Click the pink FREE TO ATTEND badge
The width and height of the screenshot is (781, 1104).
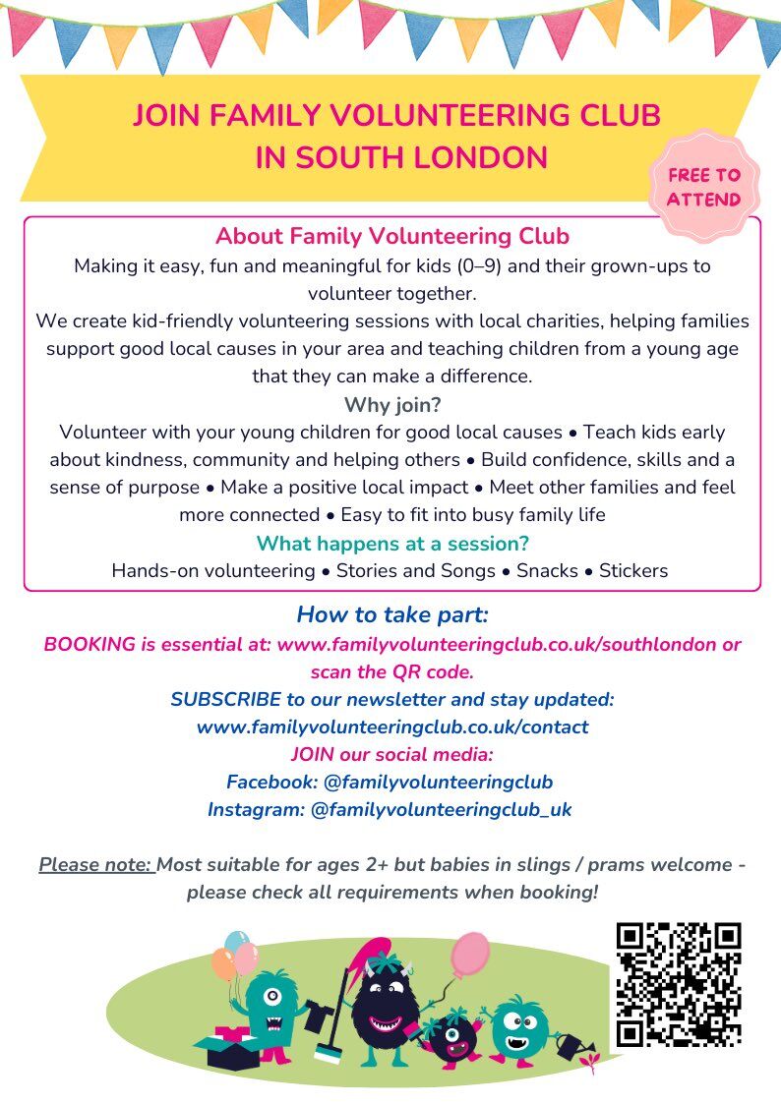(704, 188)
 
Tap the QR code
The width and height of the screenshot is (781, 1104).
(678, 984)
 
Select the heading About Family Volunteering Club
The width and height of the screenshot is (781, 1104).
(392, 237)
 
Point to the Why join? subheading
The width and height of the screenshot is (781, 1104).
(392, 405)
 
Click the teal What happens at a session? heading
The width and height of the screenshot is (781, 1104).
(392, 544)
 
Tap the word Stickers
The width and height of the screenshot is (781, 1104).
(633, 571)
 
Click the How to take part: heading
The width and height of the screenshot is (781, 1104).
(392, 615)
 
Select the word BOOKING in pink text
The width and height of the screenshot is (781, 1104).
(90, 645)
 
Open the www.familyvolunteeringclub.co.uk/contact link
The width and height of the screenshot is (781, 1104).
(392, 727)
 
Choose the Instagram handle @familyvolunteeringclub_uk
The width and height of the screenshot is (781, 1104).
(441, 810)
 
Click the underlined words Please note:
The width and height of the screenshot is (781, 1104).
(95, 865)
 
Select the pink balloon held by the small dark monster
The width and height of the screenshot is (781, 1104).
(470, 952)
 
